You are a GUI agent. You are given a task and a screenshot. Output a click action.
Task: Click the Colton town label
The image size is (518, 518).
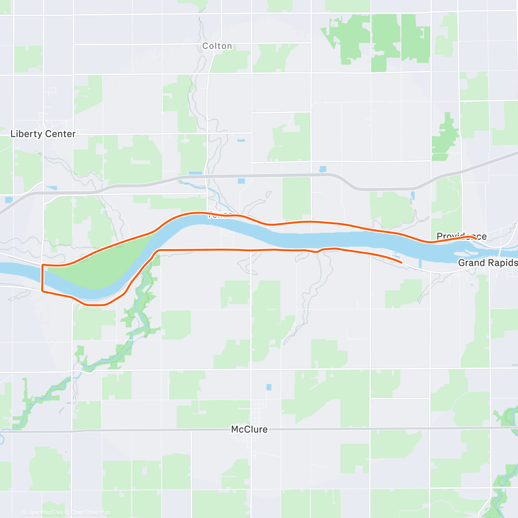click(217, 46)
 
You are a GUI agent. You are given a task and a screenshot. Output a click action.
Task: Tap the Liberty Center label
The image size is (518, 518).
click(43, 134)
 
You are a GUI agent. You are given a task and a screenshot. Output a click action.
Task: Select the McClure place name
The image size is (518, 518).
click(249, 430)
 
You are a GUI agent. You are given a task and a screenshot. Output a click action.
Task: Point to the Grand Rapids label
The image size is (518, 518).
click(487, 263)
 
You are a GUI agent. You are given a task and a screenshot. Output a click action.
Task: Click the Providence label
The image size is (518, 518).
click(461, 236)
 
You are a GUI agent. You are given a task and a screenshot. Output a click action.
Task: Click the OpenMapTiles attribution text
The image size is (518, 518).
click(45, 512)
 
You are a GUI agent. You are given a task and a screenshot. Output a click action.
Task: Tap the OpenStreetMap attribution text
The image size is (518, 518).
click(90, 512)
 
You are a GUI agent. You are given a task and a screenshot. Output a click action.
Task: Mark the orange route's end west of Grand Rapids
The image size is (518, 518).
click(401, 262)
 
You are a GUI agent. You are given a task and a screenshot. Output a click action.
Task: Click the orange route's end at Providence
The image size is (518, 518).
click(475, 238)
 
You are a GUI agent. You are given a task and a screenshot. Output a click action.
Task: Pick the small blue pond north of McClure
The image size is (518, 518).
click(269, 387)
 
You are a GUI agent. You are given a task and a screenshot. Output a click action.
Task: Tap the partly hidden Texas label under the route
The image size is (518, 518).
click(220, 215)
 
